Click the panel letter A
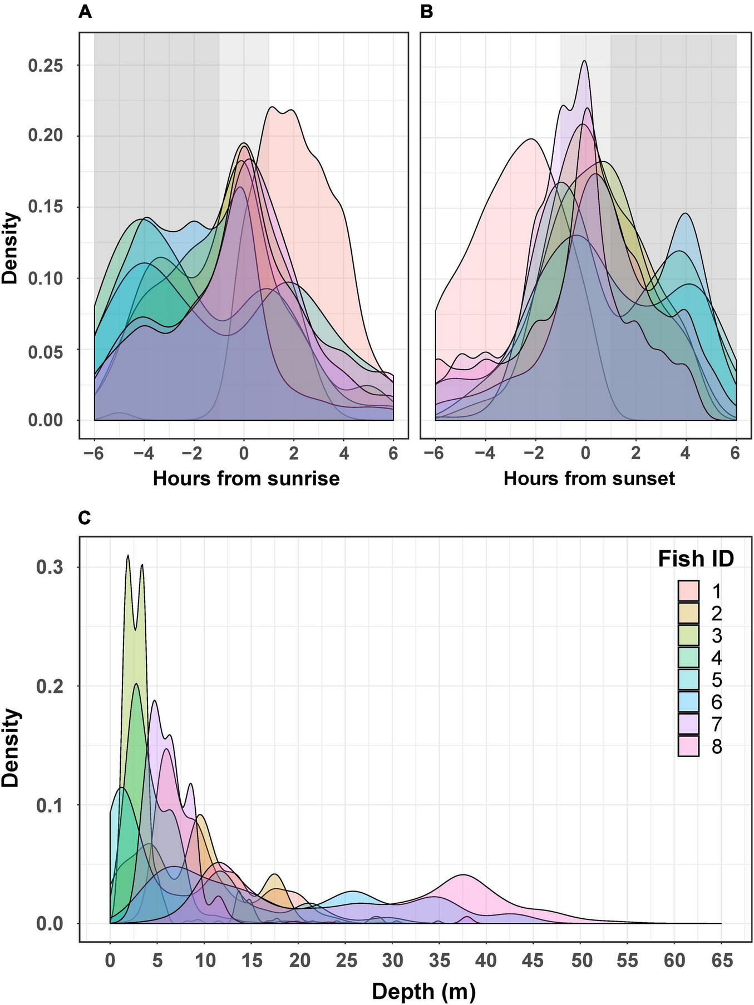click(x=85, y=12)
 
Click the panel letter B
click(x=426, y=12)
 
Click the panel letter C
click(x=85, y=518)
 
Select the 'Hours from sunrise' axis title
click(x=246, y=479)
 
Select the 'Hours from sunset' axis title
click(x=589, y=479)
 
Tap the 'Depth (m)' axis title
click(x=423, y=991)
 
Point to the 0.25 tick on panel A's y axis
click(x=46, y=66)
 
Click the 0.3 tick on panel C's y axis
click(x=52, y=568)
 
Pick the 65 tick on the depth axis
click(x=722, y=960)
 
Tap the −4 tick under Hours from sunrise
click(x=144, y=454)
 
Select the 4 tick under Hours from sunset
click(x=686, y=454)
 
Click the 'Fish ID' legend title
click(x=696, y=559)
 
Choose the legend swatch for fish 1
click(x=688, y=591)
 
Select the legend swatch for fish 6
click(x=688, y=702)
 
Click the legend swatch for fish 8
click(x=688, y=747)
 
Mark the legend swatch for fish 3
click(x=688, y=635)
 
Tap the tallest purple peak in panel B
click(x=584, y=62)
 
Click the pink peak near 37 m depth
click(x=462, y=875)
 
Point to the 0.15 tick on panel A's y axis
click(x=46, y=207)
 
